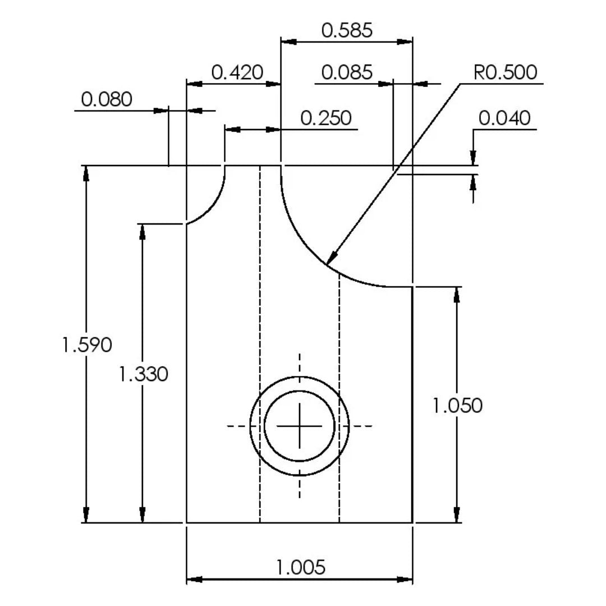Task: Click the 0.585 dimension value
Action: [347, 30]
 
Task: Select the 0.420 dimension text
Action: [237, 72]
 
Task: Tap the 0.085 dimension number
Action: [347, 72]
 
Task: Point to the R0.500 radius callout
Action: [505, 72]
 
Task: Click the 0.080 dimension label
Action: [107, 100]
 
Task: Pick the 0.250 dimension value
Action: [326, 118]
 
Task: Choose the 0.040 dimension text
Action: [504, 118]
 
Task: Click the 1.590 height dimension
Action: [87, 345]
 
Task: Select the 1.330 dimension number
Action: [143, 374]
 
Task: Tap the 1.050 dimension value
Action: [457, 406]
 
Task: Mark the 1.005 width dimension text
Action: [301, 567]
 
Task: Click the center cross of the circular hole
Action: [300, 426]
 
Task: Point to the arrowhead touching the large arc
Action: [332, 258]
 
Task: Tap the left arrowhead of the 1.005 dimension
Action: [194, 579]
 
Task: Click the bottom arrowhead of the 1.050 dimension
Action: [457, 515]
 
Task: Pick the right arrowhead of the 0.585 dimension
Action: [405, 42]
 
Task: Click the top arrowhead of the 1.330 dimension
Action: [142, 232]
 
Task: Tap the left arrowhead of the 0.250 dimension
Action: [233, 129]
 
